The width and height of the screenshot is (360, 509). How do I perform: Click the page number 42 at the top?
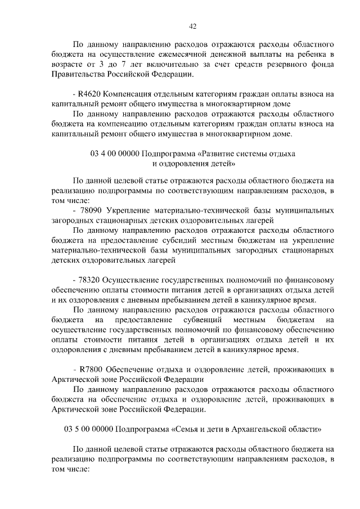click(192, 25)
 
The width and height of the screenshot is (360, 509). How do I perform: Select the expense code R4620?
click(89, 93)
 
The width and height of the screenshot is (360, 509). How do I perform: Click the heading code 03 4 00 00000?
click(114, 154)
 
